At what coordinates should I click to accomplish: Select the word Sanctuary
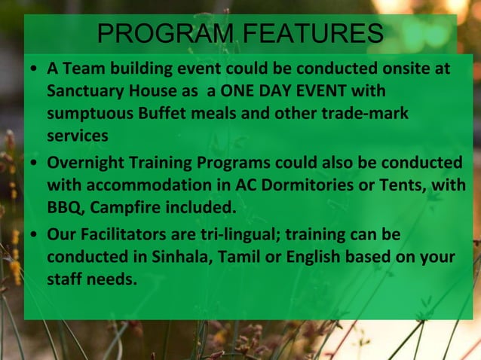[82, 91]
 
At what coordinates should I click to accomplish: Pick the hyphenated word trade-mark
[365, 114]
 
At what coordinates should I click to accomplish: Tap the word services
[77, 136]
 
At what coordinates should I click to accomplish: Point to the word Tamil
[240, 256]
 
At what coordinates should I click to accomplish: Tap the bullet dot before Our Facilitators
[35, 235]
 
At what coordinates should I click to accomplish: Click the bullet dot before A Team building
[35, 70]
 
